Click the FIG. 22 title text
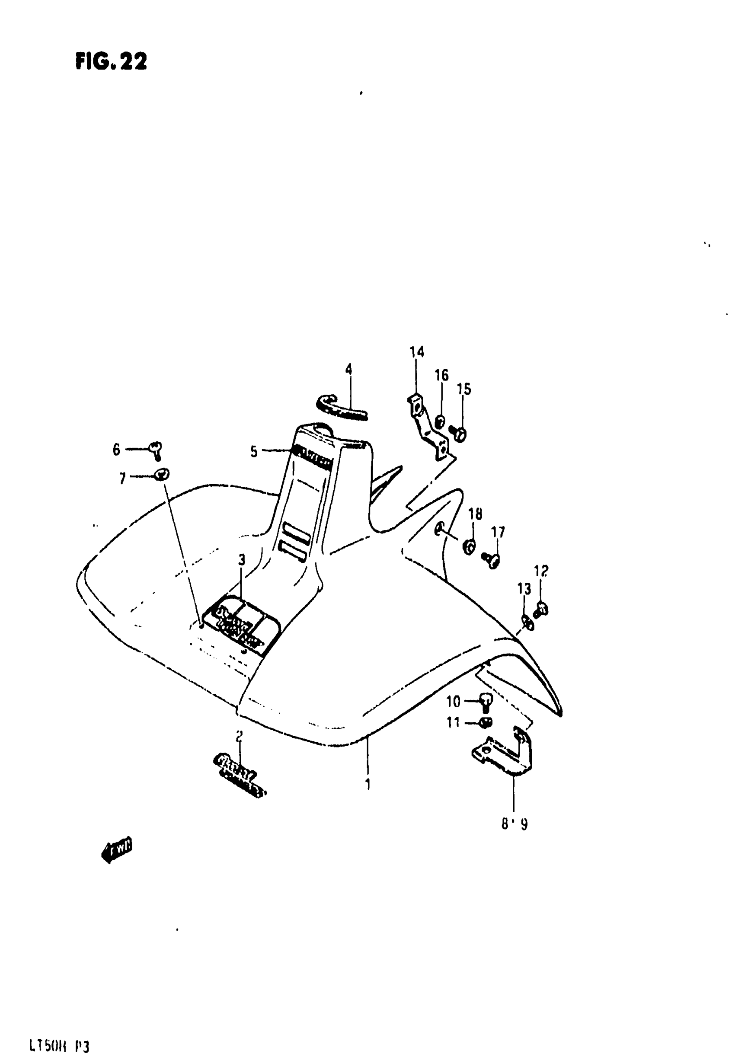(111, 61)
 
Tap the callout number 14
(416, 352)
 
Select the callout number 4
(348, 369)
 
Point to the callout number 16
(441, 375)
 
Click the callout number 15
(464, 389)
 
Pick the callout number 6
(116, 449)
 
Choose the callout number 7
(122, 479)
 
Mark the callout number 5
(254, 452)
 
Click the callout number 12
(541, 571)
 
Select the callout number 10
(453, 702)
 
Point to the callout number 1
(367, 784)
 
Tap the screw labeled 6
(156, 449)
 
